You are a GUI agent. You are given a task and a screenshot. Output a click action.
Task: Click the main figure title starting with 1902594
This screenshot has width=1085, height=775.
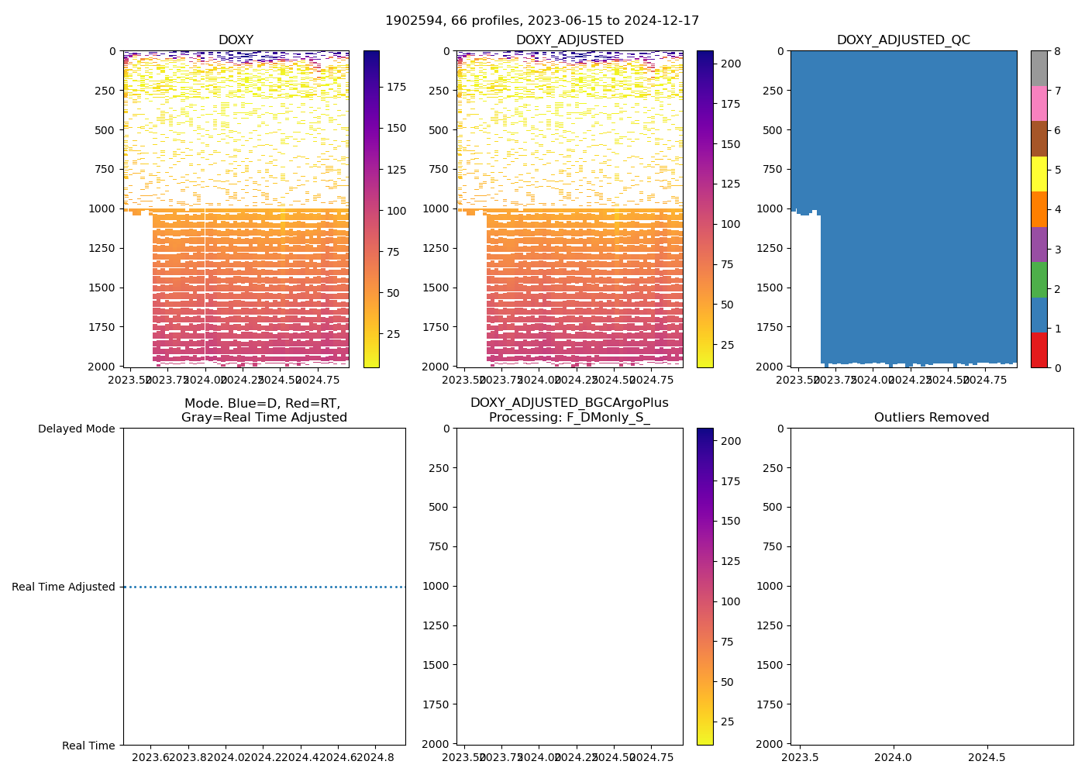pos(542,21)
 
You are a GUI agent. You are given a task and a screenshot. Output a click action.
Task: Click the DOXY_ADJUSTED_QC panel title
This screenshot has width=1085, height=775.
pos(903,40)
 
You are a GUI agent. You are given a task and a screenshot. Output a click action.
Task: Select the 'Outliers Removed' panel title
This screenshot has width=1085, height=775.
pos(932,418)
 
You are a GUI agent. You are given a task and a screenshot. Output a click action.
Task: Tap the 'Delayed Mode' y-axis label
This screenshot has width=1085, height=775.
pos(76,429)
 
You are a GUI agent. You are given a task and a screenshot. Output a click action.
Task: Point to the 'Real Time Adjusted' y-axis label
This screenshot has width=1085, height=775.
pos(64,587)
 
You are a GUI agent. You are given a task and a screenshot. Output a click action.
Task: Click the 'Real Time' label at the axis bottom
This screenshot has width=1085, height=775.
pos(88,746)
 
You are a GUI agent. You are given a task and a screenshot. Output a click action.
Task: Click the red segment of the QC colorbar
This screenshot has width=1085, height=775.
pos(1038,350)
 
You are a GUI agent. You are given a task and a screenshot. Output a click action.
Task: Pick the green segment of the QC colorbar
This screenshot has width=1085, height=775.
pos(1038,279)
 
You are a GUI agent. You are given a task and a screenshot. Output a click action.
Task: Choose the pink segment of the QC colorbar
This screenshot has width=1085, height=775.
pos(1038,103)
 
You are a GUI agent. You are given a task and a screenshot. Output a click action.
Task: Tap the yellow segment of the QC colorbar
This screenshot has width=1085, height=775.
pos(1038,174)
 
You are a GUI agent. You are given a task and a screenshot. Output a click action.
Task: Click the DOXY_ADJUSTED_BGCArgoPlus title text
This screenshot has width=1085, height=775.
pos(569,403)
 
